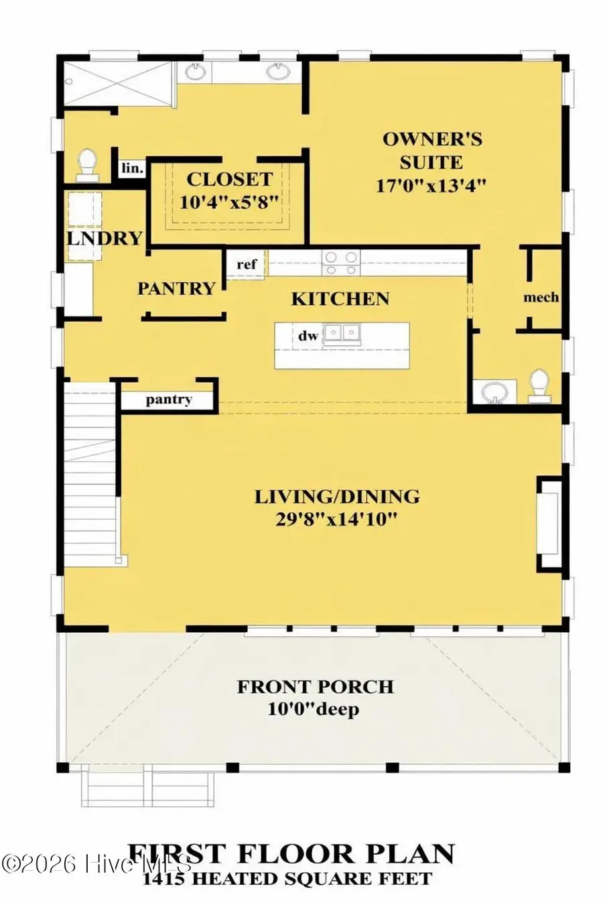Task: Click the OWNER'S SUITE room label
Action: coord(432,150)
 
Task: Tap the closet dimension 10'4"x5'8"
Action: coord(230,201)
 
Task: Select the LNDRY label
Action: coord(105,238)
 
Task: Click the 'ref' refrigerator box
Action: coord(247,264)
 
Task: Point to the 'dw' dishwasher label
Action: coord(308,336)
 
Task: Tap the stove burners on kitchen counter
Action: coord(341,262)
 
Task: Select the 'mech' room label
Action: coord(541,297)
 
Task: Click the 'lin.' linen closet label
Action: coord(132,168)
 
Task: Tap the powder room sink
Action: coord(494,391)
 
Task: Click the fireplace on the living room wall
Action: coord(549,523)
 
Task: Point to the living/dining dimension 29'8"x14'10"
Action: coord(336,518)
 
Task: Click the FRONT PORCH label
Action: coord(315,687)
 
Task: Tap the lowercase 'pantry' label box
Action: coord(169,400)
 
